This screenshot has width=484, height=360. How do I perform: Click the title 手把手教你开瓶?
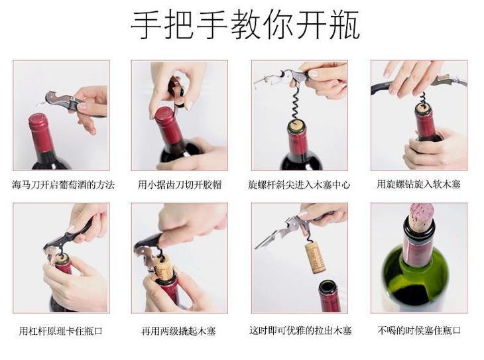[245, 25]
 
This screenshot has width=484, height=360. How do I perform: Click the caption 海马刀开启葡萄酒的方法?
[63, 185]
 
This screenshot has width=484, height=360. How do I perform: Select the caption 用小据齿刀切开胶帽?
[180, 185]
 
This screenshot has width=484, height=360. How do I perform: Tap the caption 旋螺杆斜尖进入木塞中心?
[299, 185]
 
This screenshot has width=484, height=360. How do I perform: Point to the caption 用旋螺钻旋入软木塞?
[418, 184]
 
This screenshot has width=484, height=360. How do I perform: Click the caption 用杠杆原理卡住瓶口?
[61, 331]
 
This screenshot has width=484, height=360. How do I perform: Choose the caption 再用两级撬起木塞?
[178, 331]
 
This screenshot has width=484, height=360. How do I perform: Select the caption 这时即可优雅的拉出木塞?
[300, 331]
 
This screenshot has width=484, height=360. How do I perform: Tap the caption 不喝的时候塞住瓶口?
[419, 331]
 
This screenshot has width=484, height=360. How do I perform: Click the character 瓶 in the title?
[345, 25]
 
